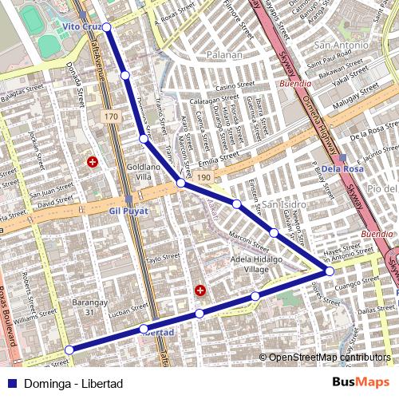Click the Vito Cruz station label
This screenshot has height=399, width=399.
tap(81, 26)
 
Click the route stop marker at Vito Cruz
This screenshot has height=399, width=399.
tap(106, 26)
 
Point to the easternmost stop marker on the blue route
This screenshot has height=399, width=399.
tap(329, 271)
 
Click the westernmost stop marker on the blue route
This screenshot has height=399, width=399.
tap(69, 349)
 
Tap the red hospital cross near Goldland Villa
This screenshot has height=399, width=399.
tap(93, 162)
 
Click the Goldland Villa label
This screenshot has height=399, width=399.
tap(144, 171)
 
